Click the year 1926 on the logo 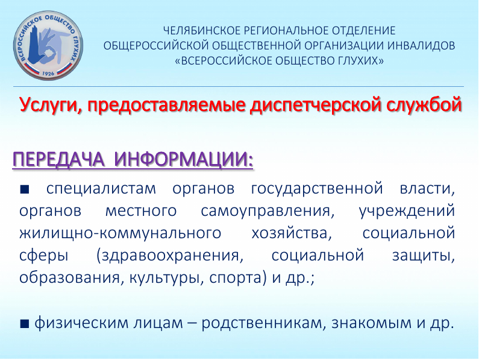48,74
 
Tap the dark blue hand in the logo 36,45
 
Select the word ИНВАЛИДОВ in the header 422,46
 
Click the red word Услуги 51,105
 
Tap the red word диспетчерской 314,105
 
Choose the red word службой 422,104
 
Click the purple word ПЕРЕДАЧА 58,159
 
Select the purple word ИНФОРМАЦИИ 184,159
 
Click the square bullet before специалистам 25,189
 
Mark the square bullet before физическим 25,324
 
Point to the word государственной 317,189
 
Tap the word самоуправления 268,211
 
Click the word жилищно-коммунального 121,234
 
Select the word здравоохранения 170,256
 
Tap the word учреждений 407,211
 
